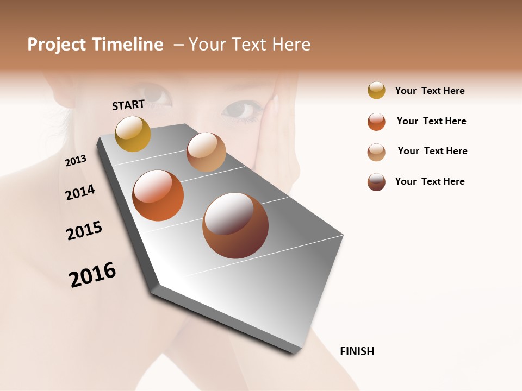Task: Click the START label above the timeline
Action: click(x=128, y=105)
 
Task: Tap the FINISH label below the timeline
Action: click(x=357, y=351)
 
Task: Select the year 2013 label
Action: click(x=76, y=161)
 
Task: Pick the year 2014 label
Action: click(x=80, y=192)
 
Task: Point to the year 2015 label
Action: click(x=84, y=231)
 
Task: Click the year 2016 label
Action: click(x=92, y=275)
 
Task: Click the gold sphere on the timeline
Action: click(x=133, y=134)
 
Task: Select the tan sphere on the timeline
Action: click(x=206, y=152)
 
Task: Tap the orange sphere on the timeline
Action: click(x=158, y=195)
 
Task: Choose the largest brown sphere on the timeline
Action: click(x=235, y=225)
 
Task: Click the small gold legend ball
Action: click(x=376, y=91)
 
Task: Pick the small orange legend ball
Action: click(x=376, y=122)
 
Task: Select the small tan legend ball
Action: click(x=376, y=152)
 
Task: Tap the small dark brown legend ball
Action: click(x=376, y=182)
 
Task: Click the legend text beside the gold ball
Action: click(x=430, y=91)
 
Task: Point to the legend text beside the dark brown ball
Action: click(x=430, y=181)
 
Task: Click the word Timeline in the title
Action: click(x=127, y=45)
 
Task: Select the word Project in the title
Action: click(x=57, y=45)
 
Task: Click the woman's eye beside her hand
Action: click(x=241, y=110)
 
